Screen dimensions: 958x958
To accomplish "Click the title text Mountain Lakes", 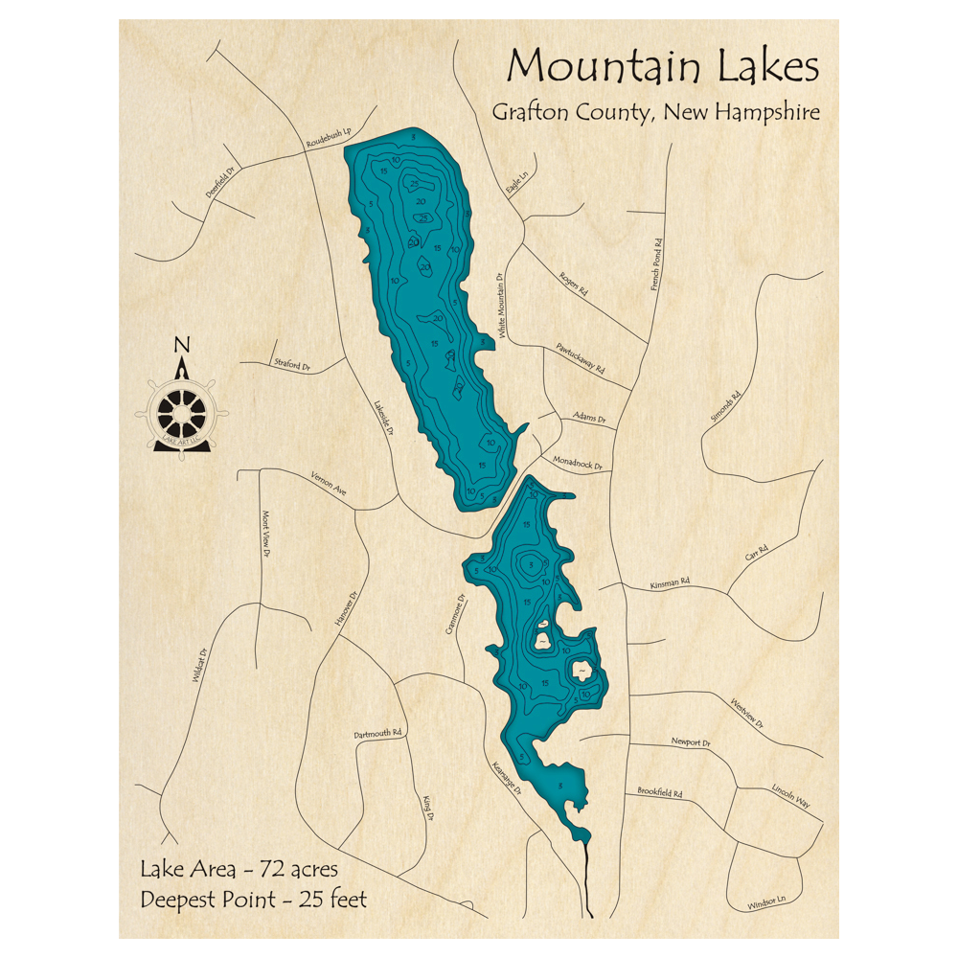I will (663, 67).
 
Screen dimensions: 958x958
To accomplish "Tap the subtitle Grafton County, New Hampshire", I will (655, 112).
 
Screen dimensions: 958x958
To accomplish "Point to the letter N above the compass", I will (182, 346).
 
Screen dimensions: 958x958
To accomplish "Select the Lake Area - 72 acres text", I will (239, 870).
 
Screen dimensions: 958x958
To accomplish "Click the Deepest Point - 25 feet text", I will (253, 900).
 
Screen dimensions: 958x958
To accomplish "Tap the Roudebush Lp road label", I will (329, 140).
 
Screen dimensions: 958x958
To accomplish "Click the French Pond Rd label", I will (657, 263).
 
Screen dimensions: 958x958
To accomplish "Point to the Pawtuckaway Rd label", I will (581, 357).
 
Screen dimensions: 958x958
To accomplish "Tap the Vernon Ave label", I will (329, 484).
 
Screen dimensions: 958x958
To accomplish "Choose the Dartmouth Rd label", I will (378, 734).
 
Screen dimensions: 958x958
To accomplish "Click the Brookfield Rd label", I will (659, 793).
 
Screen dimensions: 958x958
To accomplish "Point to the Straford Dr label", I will (292, 366).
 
